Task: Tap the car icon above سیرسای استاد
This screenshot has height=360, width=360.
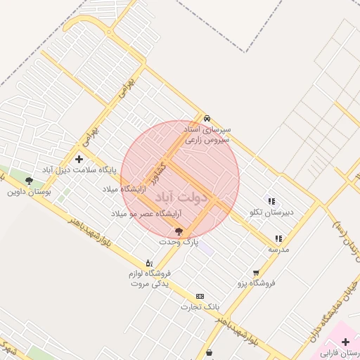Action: pyautogui.click(x=207, y=118)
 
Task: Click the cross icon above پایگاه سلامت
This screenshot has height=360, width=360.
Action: pyautogui.click(x=79, y=159)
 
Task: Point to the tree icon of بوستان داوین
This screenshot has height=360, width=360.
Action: pyautogui.click(x=29, y=181)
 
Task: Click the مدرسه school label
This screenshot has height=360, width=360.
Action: pyautogui.click(x=278, y=249)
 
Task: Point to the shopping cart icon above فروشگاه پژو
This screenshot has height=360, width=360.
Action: pyautogui.click(x=256, y=273)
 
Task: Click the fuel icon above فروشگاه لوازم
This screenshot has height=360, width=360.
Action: pyautogui.click(x=148, y=262)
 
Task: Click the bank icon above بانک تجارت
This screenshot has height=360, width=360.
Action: pyautogui.click(x=200, y=296)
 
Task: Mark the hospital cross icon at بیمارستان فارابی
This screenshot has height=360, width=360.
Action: pyautogui.click(x=345, y=342)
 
